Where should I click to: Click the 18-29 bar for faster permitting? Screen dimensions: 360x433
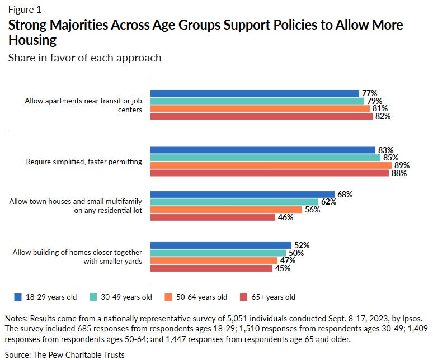tap(263, 150)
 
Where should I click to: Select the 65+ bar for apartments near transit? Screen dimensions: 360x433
tap(262, 116)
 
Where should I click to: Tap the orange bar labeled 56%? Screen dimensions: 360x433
tap(227, 210)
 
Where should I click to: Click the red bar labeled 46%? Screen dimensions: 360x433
tap(213, 217)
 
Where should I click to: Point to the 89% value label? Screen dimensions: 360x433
tap(402, 165)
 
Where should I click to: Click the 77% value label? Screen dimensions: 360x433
tap(370, 93)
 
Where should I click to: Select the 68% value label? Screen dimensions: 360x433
tap(345, 195)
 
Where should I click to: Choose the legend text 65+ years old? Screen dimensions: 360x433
tap(272, 297)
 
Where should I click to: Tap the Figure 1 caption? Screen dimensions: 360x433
tap(24, 10)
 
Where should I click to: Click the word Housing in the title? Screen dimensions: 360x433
tap(32, 40)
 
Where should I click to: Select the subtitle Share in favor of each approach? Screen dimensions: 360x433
tap(84, 58)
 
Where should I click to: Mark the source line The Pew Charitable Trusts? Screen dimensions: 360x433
tap(67, 354)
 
